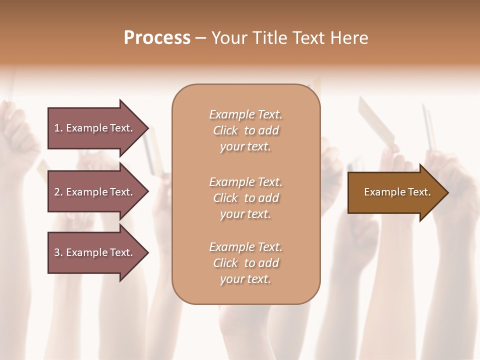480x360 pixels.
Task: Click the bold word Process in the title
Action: coord(157,38)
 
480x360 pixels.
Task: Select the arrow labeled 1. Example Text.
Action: coord(92,128)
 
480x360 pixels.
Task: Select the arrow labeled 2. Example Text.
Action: coord(92,192)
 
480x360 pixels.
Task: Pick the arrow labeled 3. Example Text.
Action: coord(92,252)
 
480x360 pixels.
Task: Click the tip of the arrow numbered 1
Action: coord(147,128)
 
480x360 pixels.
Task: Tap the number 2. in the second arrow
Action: coord(58,192)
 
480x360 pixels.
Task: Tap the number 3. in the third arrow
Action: coord(58,252)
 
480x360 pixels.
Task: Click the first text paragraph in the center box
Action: coord(246,130)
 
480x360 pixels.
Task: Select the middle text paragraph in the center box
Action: coord(246,198)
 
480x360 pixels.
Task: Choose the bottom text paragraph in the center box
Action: coord(246,263)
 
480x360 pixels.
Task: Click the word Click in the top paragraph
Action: coord(225,130)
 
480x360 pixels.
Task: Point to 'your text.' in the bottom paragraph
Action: coord(245,279)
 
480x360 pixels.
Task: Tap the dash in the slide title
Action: coord(201,38)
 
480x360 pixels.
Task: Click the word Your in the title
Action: coord(228,38)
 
